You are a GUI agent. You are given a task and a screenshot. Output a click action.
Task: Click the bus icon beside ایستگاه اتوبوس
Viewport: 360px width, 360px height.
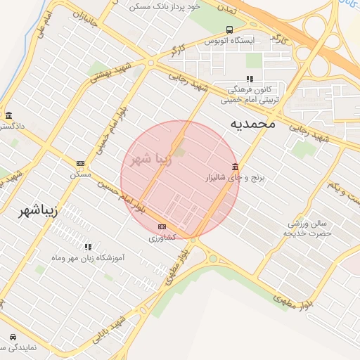230,30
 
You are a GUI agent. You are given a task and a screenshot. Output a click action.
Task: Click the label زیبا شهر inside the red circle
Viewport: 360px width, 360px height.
150,158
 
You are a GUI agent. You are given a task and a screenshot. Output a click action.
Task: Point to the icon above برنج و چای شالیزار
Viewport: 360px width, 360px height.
234,167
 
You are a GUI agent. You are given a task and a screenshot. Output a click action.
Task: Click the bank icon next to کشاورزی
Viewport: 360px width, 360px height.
162,226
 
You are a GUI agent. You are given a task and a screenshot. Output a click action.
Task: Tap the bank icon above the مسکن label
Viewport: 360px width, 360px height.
80,163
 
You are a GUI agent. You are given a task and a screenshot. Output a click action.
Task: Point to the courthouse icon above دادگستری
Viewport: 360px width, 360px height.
8,115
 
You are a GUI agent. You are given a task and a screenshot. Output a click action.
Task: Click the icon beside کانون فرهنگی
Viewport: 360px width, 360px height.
249,79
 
